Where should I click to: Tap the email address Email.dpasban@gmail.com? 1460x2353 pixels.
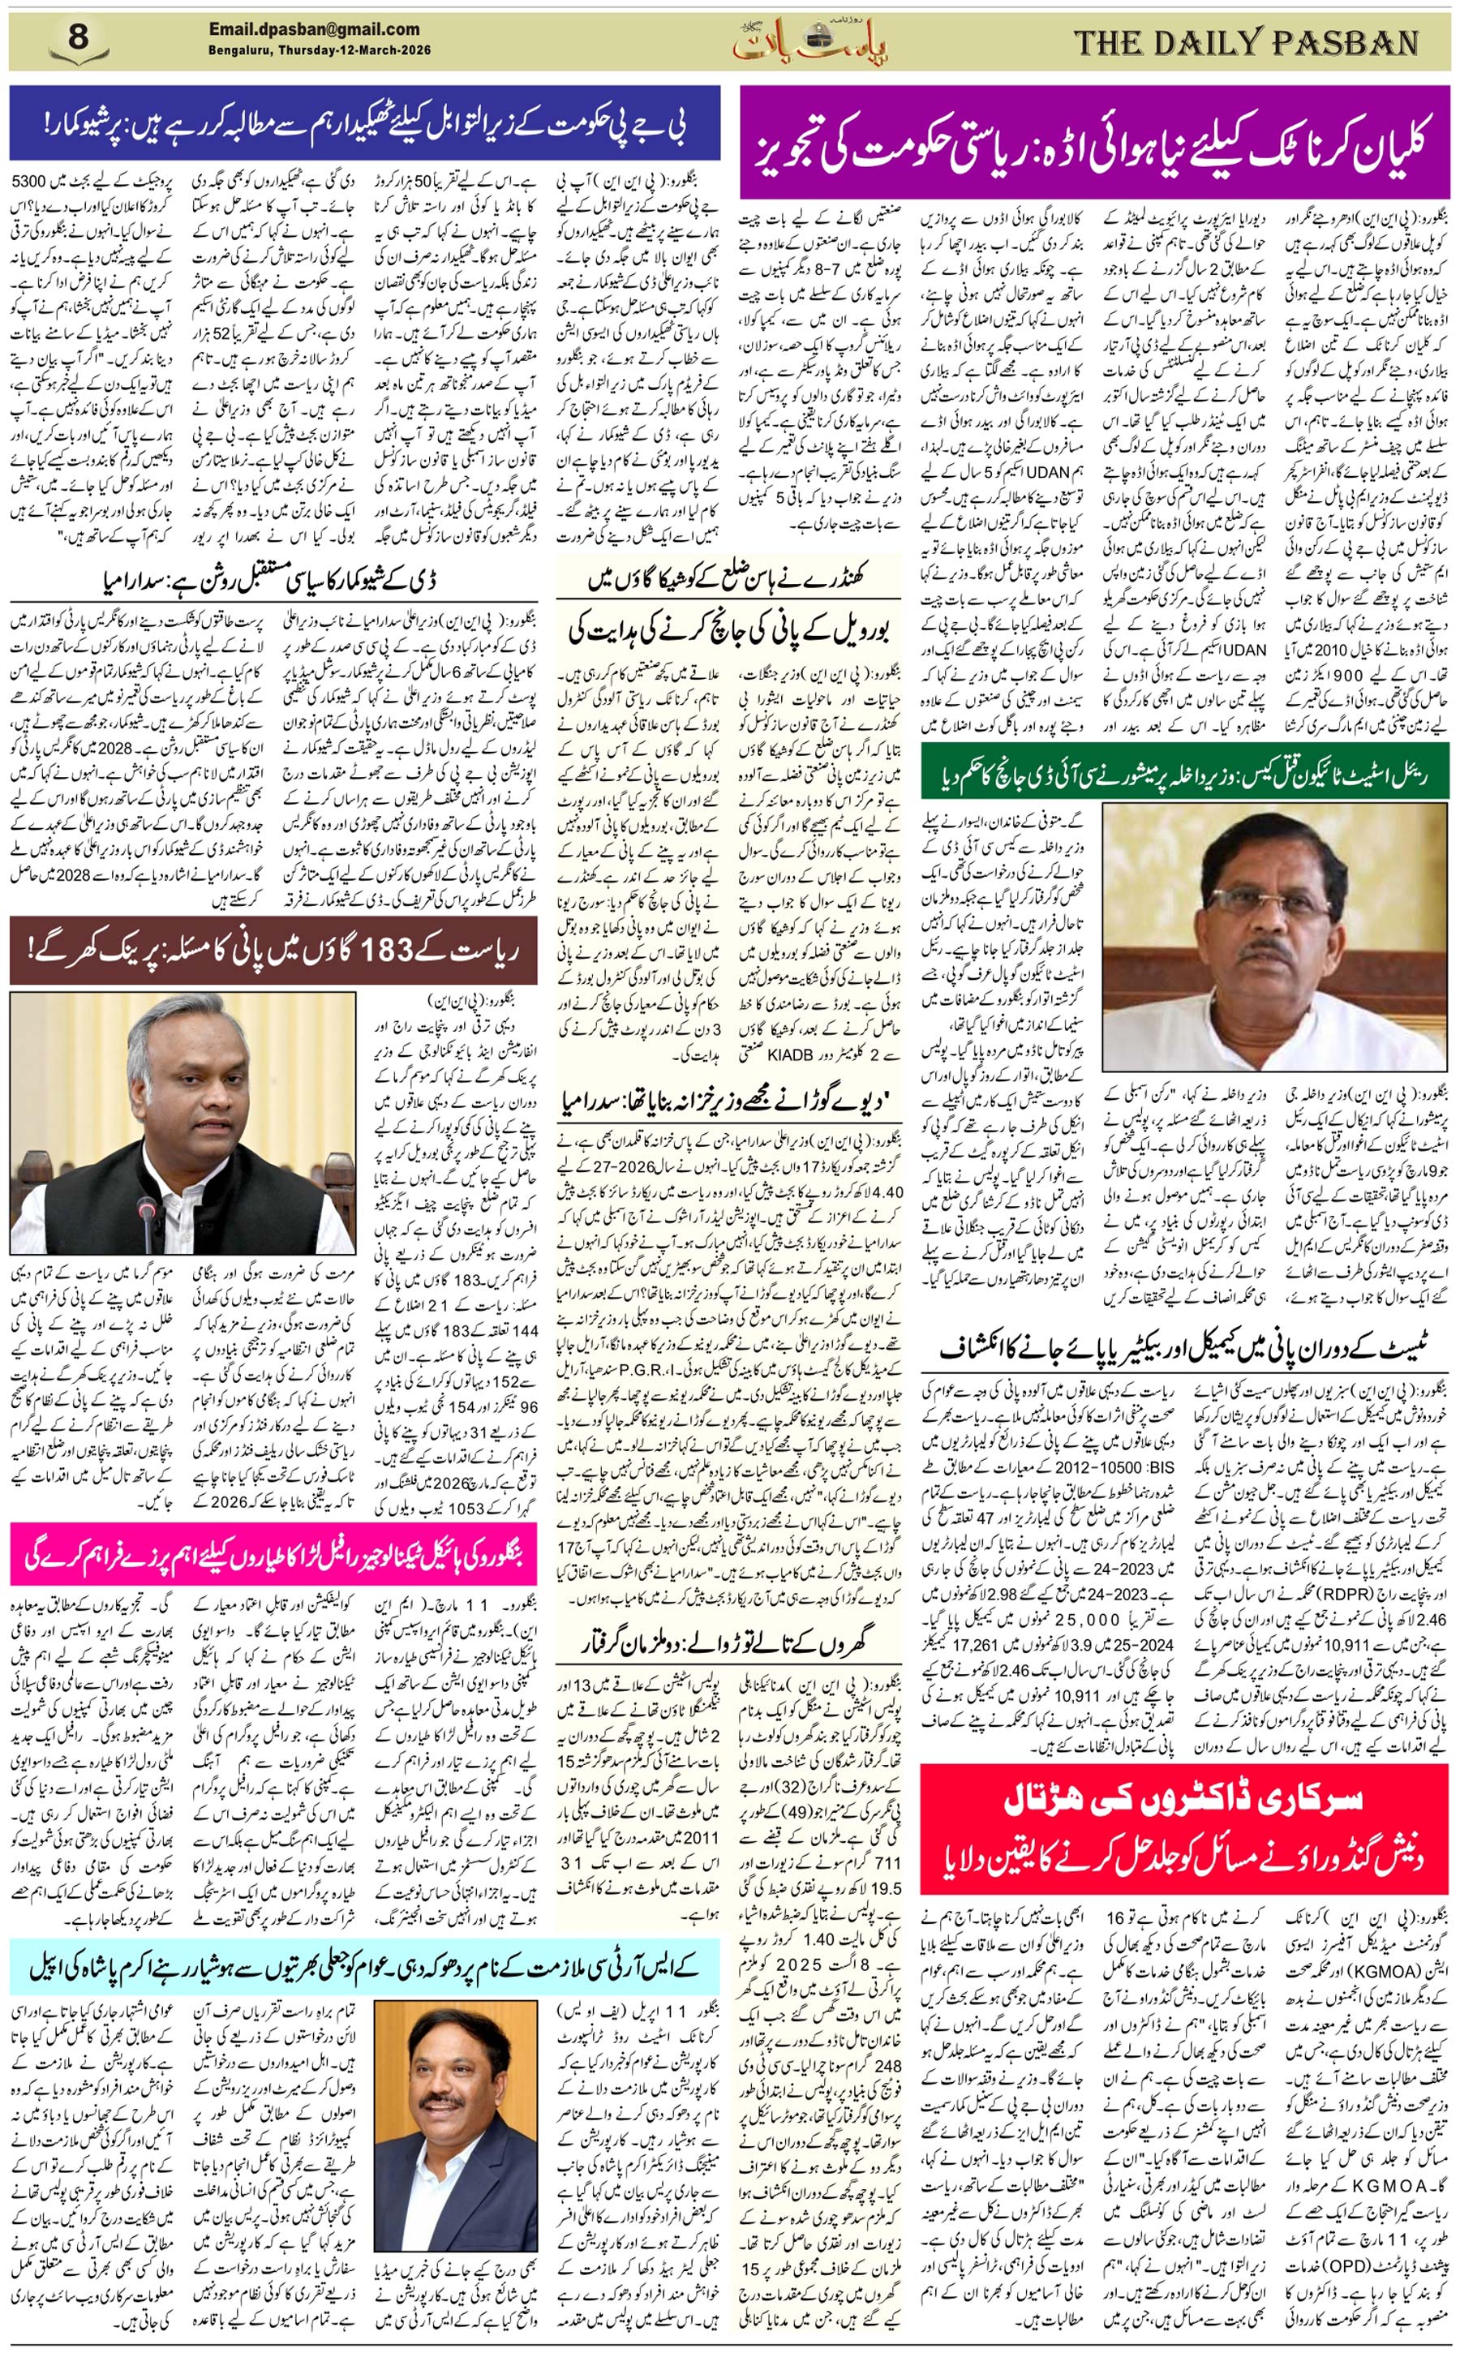pyautogui.click(x=314, y=30)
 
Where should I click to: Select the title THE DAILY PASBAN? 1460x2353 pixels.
pyautogui.click(x=1246, y=42)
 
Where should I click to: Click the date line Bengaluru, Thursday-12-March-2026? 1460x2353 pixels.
pyautogui.click(x=320, y=50)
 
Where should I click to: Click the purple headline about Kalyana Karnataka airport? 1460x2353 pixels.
pyautogui.click(x=1093, y=142)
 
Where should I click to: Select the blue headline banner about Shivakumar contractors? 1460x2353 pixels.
pyautogui.click(x=364, y=122)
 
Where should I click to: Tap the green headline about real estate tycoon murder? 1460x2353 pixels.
pyautogui.click(x=1185, y=771)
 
